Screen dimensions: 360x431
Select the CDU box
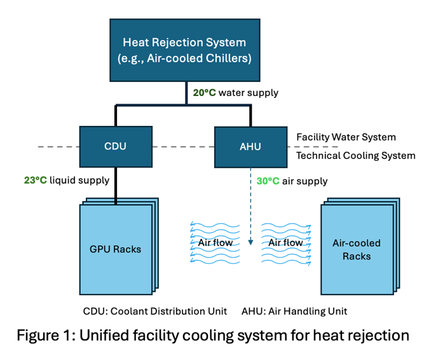click(116, 146)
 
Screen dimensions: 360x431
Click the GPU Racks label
click(116, 249)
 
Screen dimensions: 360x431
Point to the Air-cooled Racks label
click(357, 249)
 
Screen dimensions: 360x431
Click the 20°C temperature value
click(205, 93)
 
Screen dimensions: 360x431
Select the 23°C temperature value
click(36, 180)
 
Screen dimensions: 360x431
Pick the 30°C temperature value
click(268, 181)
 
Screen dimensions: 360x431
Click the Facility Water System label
click(346, 137)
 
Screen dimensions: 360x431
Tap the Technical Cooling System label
click(356, 155)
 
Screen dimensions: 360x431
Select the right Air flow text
click(285, 242)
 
